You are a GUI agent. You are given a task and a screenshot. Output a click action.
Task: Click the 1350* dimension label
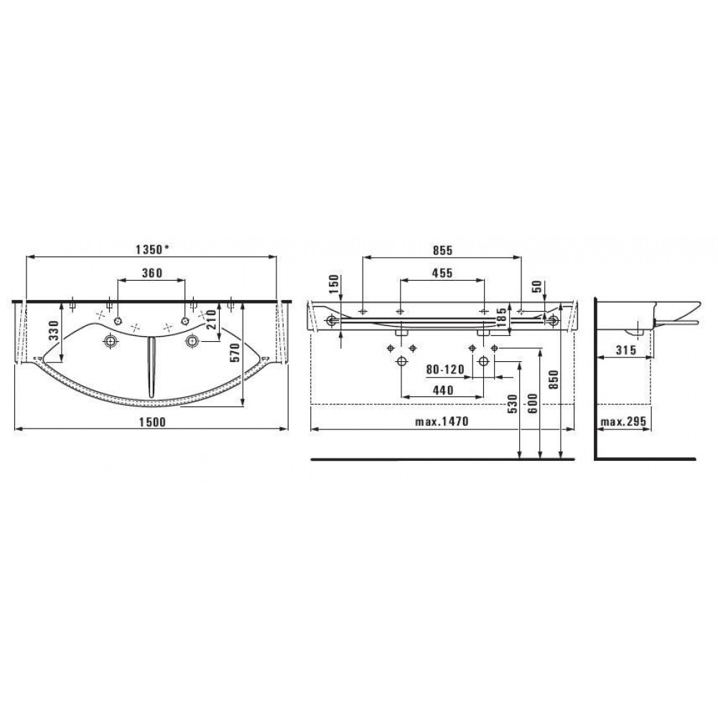pyautogui.click(x=152, y=250)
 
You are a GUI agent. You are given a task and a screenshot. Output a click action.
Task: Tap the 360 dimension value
pyautogui.click(x=152, y=273)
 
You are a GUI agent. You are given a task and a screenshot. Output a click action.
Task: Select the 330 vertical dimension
pyautogui.click(x=55, y=330)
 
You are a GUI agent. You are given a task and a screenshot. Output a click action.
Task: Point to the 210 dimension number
pyautogui.click(x=210, y=320)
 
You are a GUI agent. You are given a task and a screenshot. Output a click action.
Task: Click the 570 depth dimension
pyautogui.click(x=234, y=352)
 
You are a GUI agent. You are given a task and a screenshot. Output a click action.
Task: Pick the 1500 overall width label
pyautogui.click(x=152, y=421)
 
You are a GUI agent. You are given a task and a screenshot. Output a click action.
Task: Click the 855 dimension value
pyautogui.click(x=442, y=250)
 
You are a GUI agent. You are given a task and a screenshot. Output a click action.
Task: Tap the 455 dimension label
pyautogui.click(x=442, y=273)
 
